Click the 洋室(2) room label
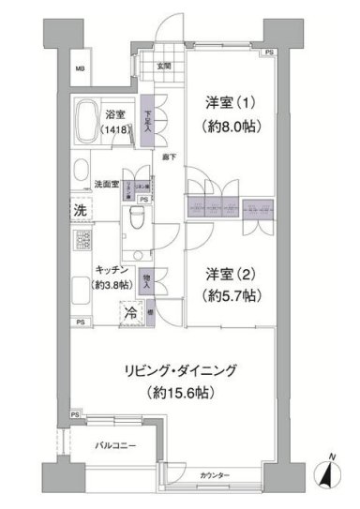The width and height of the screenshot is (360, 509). coord(231,274)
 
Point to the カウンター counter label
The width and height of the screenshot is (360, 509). coord(215,476)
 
